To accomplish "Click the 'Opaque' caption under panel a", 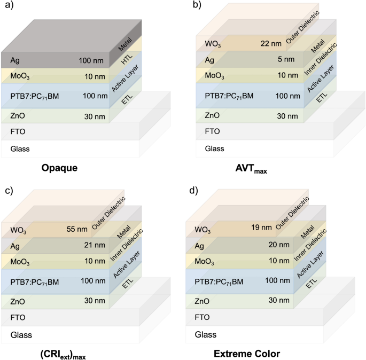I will (61, 168).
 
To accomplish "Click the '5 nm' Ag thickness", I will (275, 59).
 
